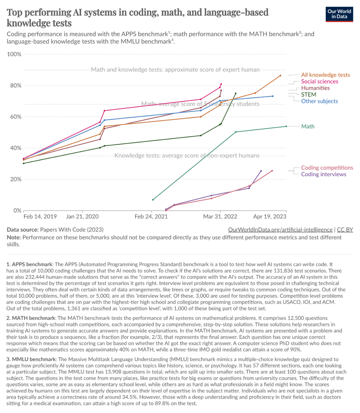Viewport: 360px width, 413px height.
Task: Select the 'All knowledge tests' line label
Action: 325,75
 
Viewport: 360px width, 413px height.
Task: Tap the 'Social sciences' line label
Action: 320,81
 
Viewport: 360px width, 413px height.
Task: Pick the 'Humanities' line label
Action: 315,88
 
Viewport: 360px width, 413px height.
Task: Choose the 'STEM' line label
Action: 308,94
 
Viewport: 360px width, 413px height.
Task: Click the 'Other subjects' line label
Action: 319,101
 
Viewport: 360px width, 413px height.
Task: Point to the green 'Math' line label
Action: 308,126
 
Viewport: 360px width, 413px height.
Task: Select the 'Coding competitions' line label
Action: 327,168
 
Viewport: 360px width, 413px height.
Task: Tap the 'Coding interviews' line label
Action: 324,174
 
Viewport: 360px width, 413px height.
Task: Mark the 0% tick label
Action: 16,211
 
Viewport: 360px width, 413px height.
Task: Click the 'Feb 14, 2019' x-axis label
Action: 40,217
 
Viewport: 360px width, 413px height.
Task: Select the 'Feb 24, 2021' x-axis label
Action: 152,217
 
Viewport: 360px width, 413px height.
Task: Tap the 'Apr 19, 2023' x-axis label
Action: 269,217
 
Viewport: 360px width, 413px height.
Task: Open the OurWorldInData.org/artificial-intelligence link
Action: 280,229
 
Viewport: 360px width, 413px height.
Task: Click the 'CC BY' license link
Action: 345,229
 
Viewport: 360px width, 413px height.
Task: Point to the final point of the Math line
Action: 286,126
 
